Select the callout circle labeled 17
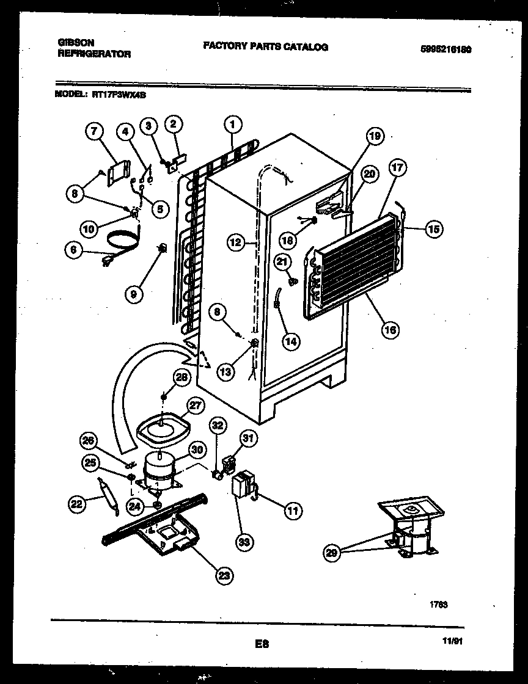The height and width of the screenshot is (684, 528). pyautogui.click(x=398, y=172)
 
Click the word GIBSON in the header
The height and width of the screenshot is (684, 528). pyautogui.click(x=76, y=42)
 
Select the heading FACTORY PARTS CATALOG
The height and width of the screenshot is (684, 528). pyautogui.click(x=265, y=46)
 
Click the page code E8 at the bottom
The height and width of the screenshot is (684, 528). pyautogui.click(x=263, y=643)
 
